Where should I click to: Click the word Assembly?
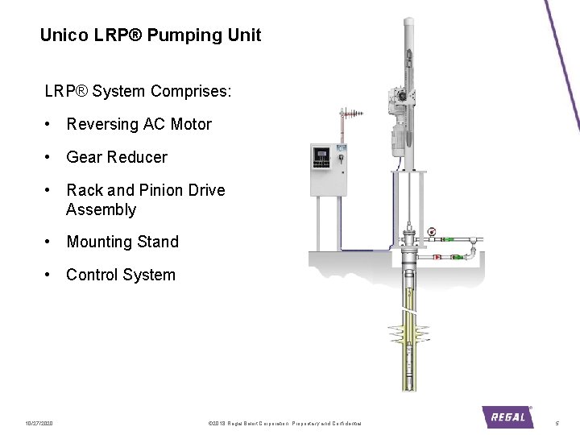101,210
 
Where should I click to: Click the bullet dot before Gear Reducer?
50,157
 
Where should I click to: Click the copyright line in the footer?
284,423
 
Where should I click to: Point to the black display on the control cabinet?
322,155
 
